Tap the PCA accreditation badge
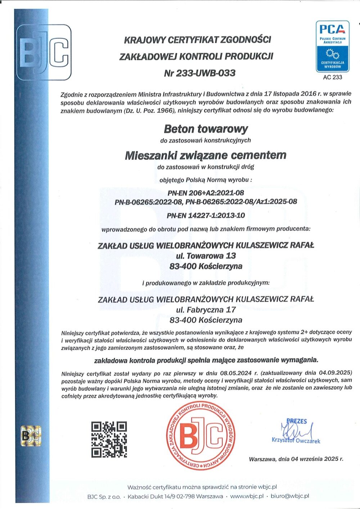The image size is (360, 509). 332,47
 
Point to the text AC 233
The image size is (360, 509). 332,77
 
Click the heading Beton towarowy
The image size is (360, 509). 206,129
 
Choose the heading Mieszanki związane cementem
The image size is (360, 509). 206,156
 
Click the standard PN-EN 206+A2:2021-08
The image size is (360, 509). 206,193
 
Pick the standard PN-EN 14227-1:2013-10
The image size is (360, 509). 206,216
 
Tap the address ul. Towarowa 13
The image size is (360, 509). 206,256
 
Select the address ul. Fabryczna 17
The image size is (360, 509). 206,309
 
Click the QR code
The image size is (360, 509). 109,439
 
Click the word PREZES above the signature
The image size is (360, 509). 297,421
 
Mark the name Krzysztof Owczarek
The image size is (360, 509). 296,441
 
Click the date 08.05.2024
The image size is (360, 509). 238,373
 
